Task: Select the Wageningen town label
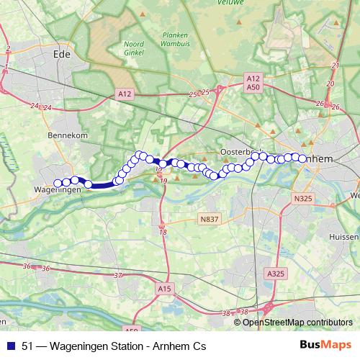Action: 57,189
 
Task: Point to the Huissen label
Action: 343,236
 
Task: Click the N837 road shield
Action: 210,218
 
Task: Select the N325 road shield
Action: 303,197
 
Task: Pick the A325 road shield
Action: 275,274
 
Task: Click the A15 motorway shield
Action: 165,289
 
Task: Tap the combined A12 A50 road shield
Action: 252,82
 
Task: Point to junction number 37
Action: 118,276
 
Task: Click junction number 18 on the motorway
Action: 163,232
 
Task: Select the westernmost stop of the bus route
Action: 58,183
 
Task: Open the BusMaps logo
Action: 325,346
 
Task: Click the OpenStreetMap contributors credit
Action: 297,322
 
